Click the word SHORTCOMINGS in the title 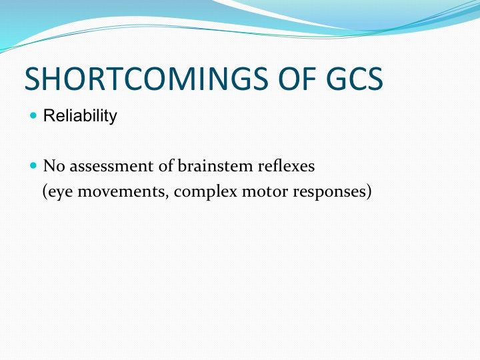pyautogui.click(x=147, y=79)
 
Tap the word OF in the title pyautogui.click(x=297, y=79)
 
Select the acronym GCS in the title pyautogui.click(x=355, y=79)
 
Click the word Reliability pyautogui.click(x=80, y=116)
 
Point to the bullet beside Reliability pyautogui.click(x=33, y=115)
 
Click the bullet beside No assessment pyautogui.click(x=33, y=165)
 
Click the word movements pyautogui.click(x=121, y=192)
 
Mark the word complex pyautogui.click(x=205, y=193)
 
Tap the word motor pyautogui.click(x=265, y=192)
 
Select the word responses pyautogui.click(x=329, y=193)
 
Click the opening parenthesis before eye pyautogui.click(x=45, y=192)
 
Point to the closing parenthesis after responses pyautogui.click(x=369, y=192)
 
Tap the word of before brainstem pyautogui.click(x=165, y=166)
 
